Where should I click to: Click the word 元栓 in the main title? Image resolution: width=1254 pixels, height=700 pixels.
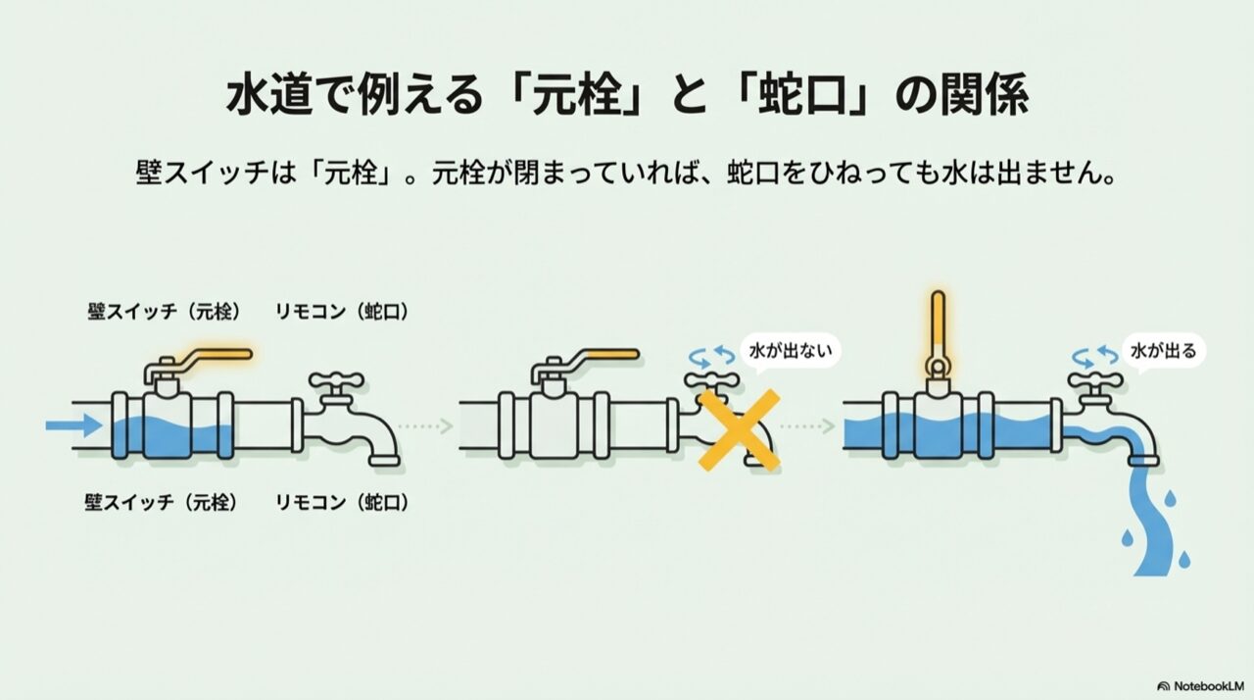click(577, 96)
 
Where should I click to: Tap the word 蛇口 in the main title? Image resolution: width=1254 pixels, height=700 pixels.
click(801, 96)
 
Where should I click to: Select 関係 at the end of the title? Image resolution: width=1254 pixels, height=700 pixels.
click(984, 96)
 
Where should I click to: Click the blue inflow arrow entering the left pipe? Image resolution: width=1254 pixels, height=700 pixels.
click(73, 425)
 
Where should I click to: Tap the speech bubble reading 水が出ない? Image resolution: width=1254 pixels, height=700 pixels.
click(790, 352)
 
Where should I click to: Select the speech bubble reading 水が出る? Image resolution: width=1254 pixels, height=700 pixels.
click(1163, 352)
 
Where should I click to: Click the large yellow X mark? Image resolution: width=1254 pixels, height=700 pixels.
click(739, 430)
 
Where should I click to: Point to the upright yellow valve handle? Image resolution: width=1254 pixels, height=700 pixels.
click(938, 332)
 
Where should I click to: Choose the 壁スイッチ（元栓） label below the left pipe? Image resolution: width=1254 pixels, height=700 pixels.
click(163, 502)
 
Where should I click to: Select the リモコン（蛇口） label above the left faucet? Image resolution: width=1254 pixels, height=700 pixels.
click(342, 312)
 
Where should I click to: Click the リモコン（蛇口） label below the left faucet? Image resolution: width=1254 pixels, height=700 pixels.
click(342, 502)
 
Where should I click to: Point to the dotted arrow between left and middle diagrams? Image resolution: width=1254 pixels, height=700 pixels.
click(425, 426)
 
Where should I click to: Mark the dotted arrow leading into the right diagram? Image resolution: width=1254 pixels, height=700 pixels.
click(808, 426)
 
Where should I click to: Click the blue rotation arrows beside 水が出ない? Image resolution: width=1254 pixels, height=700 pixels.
click(711, 357)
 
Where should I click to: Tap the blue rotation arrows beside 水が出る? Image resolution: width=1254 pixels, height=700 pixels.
click(1095, 357)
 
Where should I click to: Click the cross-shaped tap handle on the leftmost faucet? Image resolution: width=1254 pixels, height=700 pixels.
click(336, 381)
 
